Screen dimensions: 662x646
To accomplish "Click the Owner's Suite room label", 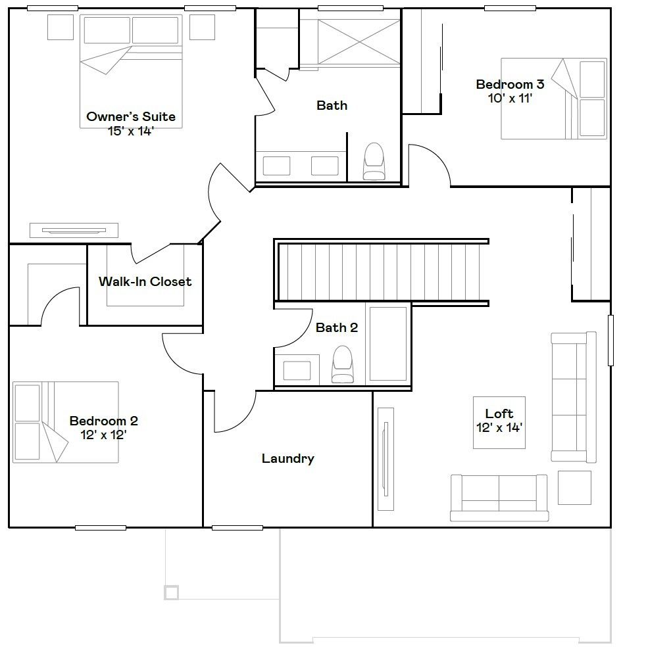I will [131, 117].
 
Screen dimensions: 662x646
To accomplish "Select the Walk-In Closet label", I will [145, 281].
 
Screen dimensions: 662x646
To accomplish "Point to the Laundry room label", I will [287, 458].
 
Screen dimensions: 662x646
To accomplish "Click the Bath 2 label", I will [336, 327].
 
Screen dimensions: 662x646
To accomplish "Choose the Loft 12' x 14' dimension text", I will [499, 427].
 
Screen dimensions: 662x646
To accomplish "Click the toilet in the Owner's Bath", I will [374, 161].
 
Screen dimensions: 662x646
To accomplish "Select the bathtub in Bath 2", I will [388, 343].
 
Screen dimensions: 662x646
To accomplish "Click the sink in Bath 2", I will [297, 369].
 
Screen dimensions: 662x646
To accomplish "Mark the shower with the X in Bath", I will [359, 42].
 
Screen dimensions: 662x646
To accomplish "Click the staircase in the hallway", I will [382, 272].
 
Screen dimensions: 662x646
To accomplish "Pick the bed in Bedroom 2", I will [66, 421].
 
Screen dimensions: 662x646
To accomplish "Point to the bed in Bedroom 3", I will [553, 99].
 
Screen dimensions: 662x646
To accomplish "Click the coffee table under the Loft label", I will [499, 423].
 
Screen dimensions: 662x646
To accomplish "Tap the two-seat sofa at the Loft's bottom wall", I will [499, 498].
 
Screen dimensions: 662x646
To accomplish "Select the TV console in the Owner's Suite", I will [74, 230].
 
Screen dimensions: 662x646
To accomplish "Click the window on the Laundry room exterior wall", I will [237, 527].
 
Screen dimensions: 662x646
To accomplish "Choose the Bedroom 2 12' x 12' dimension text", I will [103, 435].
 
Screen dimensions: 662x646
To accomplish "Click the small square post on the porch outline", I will [171, 592].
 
